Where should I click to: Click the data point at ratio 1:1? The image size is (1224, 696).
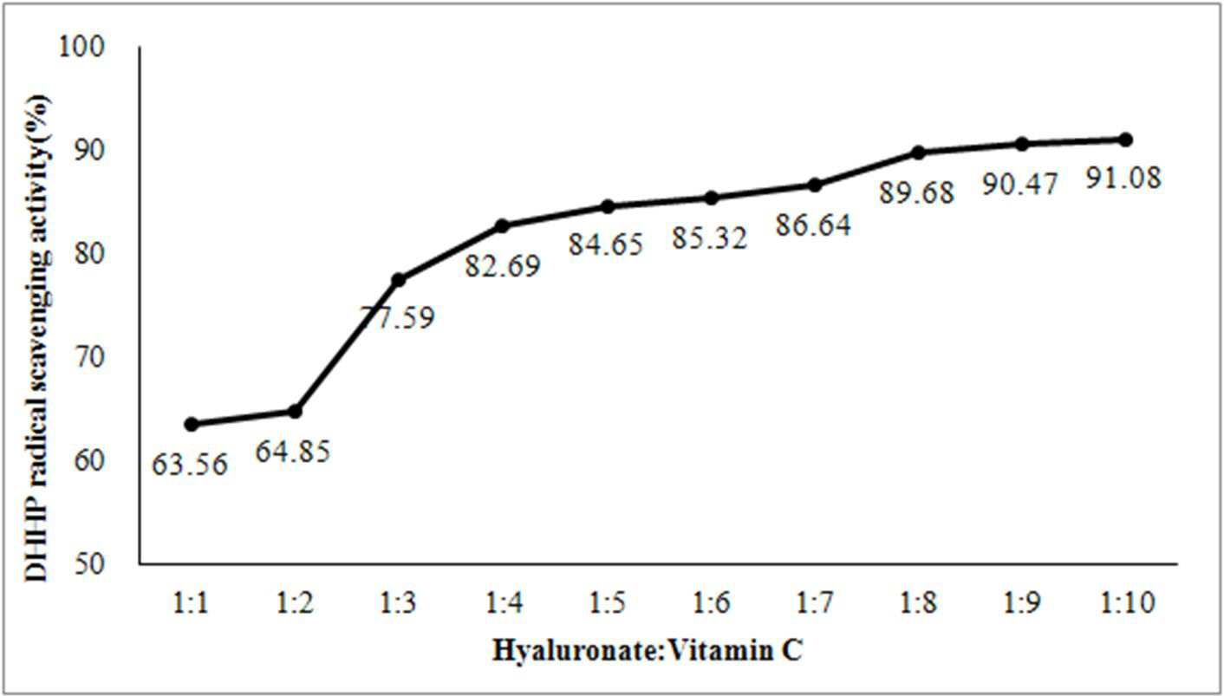tap(192, 424)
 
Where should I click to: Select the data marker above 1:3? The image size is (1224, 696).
tap(399, 280)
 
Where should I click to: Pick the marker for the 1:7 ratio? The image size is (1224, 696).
tap(815, 185)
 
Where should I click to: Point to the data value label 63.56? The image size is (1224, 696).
tap(189, 465)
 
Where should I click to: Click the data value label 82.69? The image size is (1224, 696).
tap(503, 266)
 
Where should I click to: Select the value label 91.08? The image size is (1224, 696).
tap(1123, 178)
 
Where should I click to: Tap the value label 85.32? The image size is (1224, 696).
tap(709, 238)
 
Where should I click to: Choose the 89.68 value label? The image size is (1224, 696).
tap(917, 192)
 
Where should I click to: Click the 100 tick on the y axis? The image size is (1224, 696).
tap(81, 47)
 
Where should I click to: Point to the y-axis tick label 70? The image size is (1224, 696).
tap(88, 358)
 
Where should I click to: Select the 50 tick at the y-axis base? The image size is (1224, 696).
tap(88, 564)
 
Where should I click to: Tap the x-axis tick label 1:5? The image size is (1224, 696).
tap(607, 603)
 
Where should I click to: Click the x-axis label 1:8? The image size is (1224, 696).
tap(918, 603)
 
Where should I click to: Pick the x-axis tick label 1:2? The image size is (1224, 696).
tap(295, 603)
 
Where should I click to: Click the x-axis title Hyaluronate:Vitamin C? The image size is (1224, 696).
tap(648, 651)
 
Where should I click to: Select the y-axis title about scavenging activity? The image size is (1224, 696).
tap(37, 338)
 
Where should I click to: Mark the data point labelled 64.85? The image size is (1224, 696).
tap(295, 411)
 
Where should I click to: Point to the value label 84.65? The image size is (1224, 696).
tap(606, 244)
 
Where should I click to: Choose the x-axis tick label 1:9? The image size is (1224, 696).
tap(1022, 603)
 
